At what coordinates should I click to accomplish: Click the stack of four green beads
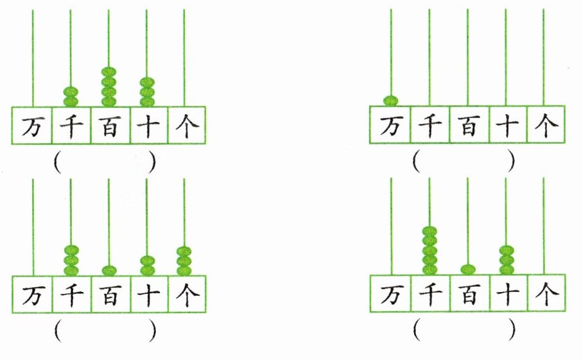(x=109, y=87)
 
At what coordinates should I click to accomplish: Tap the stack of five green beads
(x=429, y=250)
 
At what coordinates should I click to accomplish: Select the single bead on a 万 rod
(x=390, y=100)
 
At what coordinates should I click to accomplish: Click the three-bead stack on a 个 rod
(x=184, y=261)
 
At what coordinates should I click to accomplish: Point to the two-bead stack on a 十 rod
(x=147, y=266)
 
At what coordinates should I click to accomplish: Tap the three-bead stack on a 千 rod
(x=71, y=260)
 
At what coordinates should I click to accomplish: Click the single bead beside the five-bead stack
(x=467, y=269)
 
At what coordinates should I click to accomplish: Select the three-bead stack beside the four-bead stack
(x=147, y=92)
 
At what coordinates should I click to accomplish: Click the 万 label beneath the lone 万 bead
(x=390, y=127)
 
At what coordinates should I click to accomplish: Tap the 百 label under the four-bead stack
(x=109, y=127)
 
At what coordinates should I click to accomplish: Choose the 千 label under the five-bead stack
(x=429, y=295)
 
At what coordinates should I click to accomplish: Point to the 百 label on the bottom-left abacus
(x=109, y=295)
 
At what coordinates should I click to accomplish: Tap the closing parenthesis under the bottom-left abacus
(x=152, y=330)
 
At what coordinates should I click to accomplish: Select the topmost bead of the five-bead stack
(x=429, y=230)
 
